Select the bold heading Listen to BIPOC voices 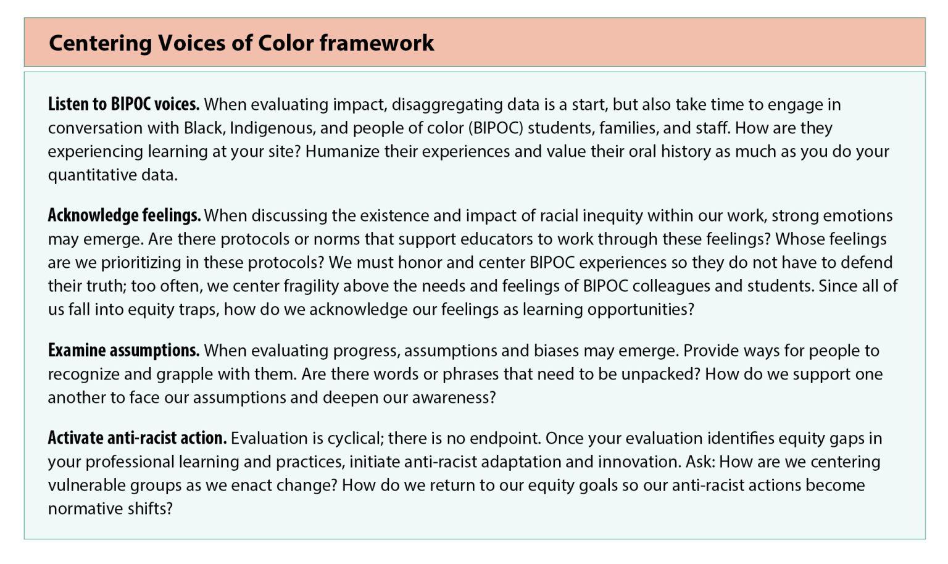[123, 104]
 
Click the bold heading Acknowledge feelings [125, 215]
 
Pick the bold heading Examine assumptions [123, 350]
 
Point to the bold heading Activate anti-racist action [138, 438]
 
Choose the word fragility [312, 286]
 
